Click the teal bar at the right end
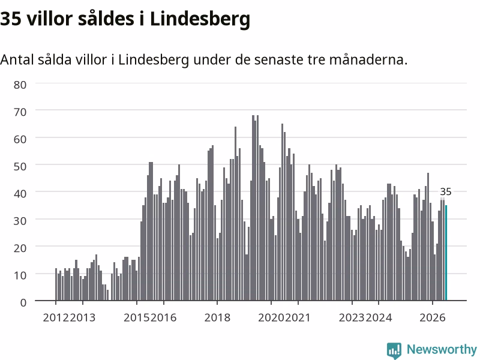click(446, 253)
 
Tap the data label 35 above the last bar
click(446, 192)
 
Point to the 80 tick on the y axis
click(20, 85)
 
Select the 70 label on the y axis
click(20, 112)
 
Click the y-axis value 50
click(20, 167)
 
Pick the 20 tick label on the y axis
click(20, 248)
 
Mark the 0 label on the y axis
click(23, 302)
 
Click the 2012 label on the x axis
click(56, 317)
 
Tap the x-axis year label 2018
click(217, 317)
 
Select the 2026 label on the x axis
click(433, 317)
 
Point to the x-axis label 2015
click(137, 317)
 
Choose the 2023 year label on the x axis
click(352, 317)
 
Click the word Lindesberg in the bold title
click(200, 19)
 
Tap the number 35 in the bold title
click(11, 19)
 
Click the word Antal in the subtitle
click(17, 59)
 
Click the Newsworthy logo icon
click(394, 350)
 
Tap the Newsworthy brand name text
click(442, 349)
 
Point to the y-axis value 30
click(20, 221)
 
